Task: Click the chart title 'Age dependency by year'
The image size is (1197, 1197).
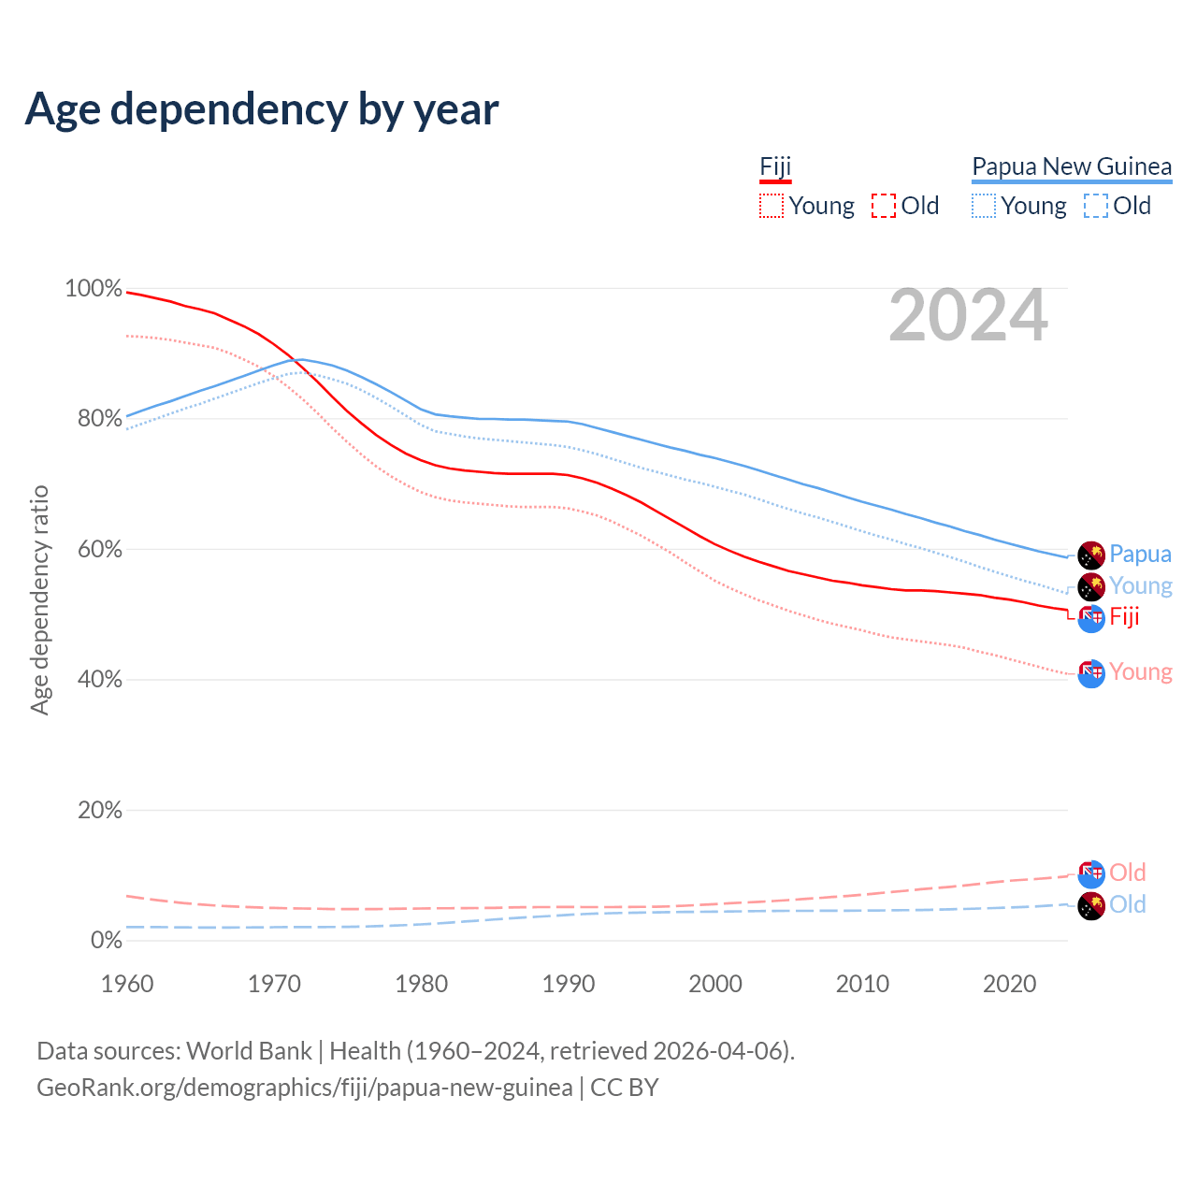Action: [262, 109]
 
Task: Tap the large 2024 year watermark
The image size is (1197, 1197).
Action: [968, 316]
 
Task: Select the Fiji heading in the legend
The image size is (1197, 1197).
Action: [775, 166]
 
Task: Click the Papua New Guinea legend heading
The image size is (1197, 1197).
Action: [1072, 166]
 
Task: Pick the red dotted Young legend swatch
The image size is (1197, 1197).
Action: [772, 206]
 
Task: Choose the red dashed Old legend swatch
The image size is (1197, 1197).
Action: [884, 206]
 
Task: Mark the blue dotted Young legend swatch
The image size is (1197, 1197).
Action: [984, 206]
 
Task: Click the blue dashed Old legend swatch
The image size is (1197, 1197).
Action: [1096, 206]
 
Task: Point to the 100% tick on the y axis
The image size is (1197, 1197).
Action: [94, 289]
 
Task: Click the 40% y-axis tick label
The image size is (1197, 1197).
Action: [99, 680]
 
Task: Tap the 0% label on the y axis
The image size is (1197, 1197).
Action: [106, 941]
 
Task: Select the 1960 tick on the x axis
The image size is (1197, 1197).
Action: [127, 984]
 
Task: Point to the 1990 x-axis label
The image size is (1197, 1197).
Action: [569, 984]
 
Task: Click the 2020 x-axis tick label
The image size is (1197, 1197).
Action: [1010, 984]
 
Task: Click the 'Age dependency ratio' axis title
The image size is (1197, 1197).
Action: [39, 599]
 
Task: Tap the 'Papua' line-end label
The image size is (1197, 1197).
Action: [1140, 554]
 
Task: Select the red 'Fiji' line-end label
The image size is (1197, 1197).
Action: [1124, 616]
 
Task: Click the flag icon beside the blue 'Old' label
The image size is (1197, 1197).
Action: [1091, 905]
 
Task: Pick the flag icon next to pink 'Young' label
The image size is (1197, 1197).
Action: [1091, 672]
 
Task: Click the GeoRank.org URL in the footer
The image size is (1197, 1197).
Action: [304, 1088]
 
